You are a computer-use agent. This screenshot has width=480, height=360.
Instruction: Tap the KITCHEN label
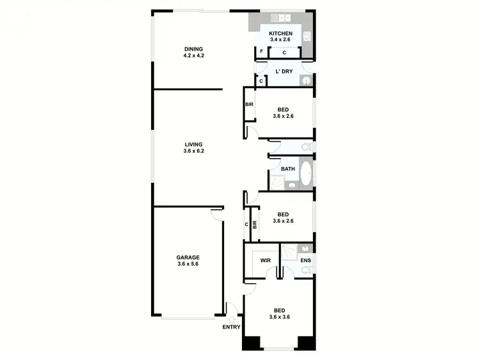click(x=280, y=33)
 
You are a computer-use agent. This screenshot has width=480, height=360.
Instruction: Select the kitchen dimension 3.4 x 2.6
click(x=280, y=40)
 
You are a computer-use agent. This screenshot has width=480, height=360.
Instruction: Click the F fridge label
click(x=261, y=52)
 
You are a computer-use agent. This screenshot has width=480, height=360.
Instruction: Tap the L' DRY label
click(x=284, y=71)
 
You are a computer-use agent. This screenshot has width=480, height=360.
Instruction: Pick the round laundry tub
click(x=305, y=81)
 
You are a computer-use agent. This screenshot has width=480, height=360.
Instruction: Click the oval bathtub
click(x=306, y=173)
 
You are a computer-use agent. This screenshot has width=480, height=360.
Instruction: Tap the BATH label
click(x=287, y=169)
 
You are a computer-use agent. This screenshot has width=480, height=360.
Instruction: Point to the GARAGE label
click(x=188, y=257)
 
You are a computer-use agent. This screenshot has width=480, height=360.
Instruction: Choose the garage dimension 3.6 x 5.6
click(x=188, y=264)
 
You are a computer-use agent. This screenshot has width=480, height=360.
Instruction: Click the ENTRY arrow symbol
click(x=231, y=318)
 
